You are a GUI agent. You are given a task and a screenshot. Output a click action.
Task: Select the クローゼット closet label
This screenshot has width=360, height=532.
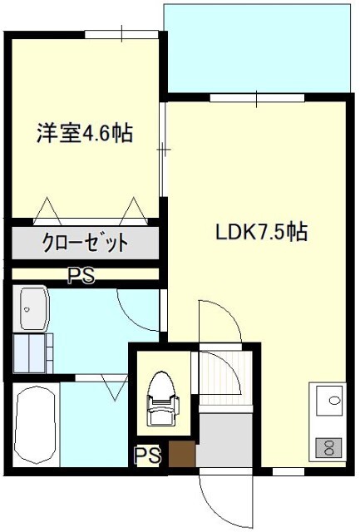coord(85,244)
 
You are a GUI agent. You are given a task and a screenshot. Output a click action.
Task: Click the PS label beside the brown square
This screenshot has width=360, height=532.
coord(148,456)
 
